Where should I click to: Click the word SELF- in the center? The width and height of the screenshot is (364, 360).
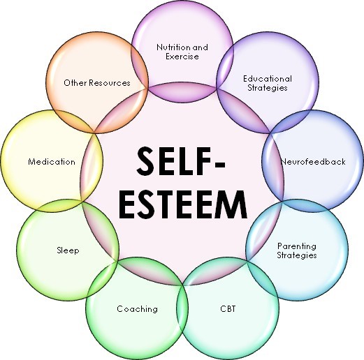coord(181,161)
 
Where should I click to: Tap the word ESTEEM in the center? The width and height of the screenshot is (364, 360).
coord(183,204)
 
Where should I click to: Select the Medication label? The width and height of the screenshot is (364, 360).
coord(52,162)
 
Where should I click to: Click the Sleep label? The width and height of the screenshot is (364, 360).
coord(68,250)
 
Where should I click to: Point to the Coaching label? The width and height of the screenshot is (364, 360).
coord(137,309)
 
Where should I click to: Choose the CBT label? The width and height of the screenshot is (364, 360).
coord(228,309)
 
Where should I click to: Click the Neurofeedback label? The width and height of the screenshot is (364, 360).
coord(313,162)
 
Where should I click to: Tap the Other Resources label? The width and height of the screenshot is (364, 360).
coord(97,83)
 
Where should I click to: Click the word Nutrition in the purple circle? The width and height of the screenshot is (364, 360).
coord(173,47)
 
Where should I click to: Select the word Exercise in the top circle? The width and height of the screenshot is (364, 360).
coord(182,57)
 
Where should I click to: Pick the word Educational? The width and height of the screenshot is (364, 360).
coord(268,79)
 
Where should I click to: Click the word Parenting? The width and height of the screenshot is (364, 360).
coord(297,246)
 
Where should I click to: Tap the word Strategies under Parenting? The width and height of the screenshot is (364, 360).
coord(297,255)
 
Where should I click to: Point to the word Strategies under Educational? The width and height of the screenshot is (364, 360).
coord(268,88)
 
